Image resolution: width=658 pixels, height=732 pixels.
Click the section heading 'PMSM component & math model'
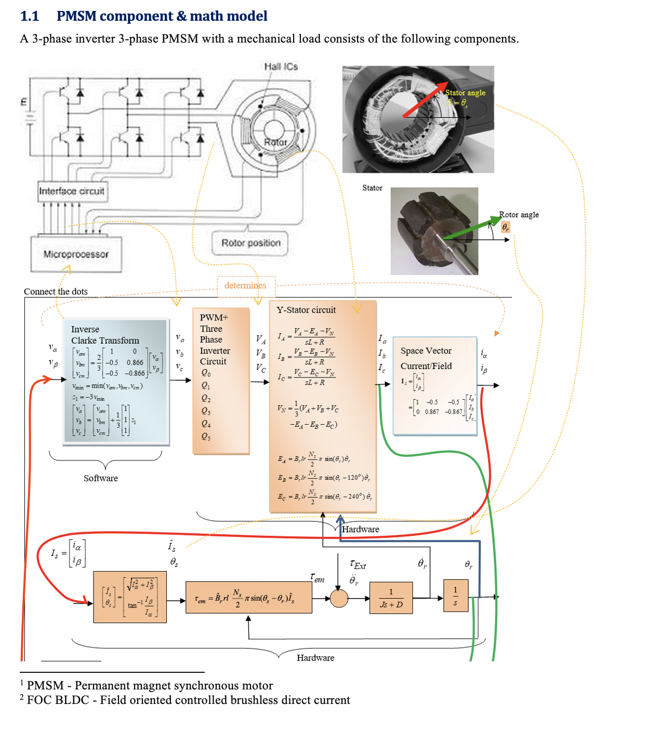(162, 16)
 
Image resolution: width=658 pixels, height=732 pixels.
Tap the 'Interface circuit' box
(72, 191)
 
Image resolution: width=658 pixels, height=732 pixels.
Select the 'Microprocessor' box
(76, 254)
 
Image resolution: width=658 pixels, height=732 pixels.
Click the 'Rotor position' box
(251, 243)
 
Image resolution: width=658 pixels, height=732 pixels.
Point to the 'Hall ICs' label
(281, 66)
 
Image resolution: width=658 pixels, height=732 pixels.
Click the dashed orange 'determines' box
(245, 286)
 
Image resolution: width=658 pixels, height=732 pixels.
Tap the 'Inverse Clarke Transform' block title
(105, 335)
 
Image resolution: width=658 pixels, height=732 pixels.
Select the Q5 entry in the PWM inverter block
(206, 437)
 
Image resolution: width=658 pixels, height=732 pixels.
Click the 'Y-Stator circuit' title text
(306, 310)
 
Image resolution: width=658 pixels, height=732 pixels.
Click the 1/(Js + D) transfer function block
(391, 598)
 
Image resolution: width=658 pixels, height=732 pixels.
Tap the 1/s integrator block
(455, 597)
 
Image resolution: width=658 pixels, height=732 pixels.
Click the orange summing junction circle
(339, 599)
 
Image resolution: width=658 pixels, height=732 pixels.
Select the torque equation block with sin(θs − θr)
(248, 598)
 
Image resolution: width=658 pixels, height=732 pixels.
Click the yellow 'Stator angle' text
(465, 92)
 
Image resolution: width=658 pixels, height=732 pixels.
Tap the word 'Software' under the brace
(101, 478)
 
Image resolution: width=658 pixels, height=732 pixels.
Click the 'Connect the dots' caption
(56, 291)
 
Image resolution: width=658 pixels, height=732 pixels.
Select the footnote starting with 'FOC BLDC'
(188, 700)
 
